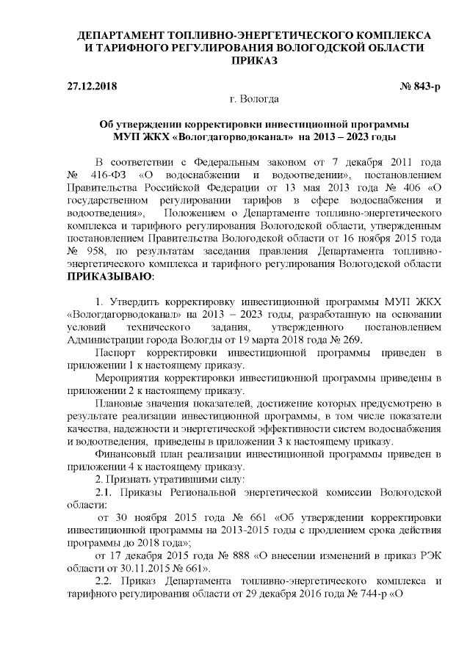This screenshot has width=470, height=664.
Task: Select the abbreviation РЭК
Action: pyautogui.click(x=425, y=555)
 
